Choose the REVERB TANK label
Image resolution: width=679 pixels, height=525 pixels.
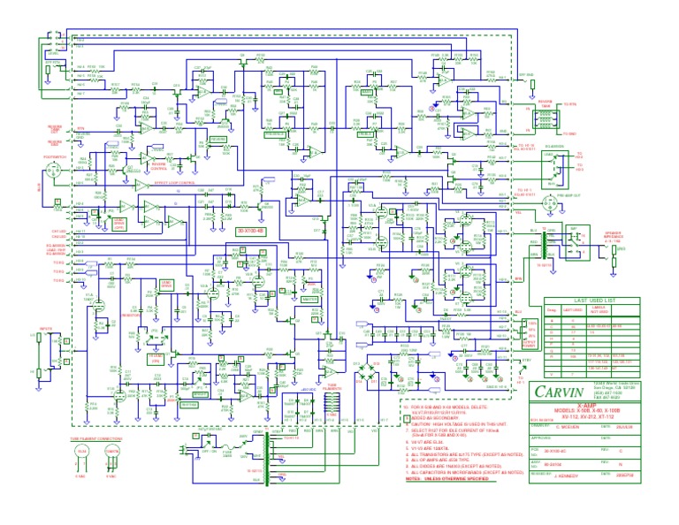coord(545,101)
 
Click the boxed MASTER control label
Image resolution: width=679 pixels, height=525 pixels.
coord(309,299)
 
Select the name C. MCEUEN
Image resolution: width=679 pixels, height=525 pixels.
coord(570,425)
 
